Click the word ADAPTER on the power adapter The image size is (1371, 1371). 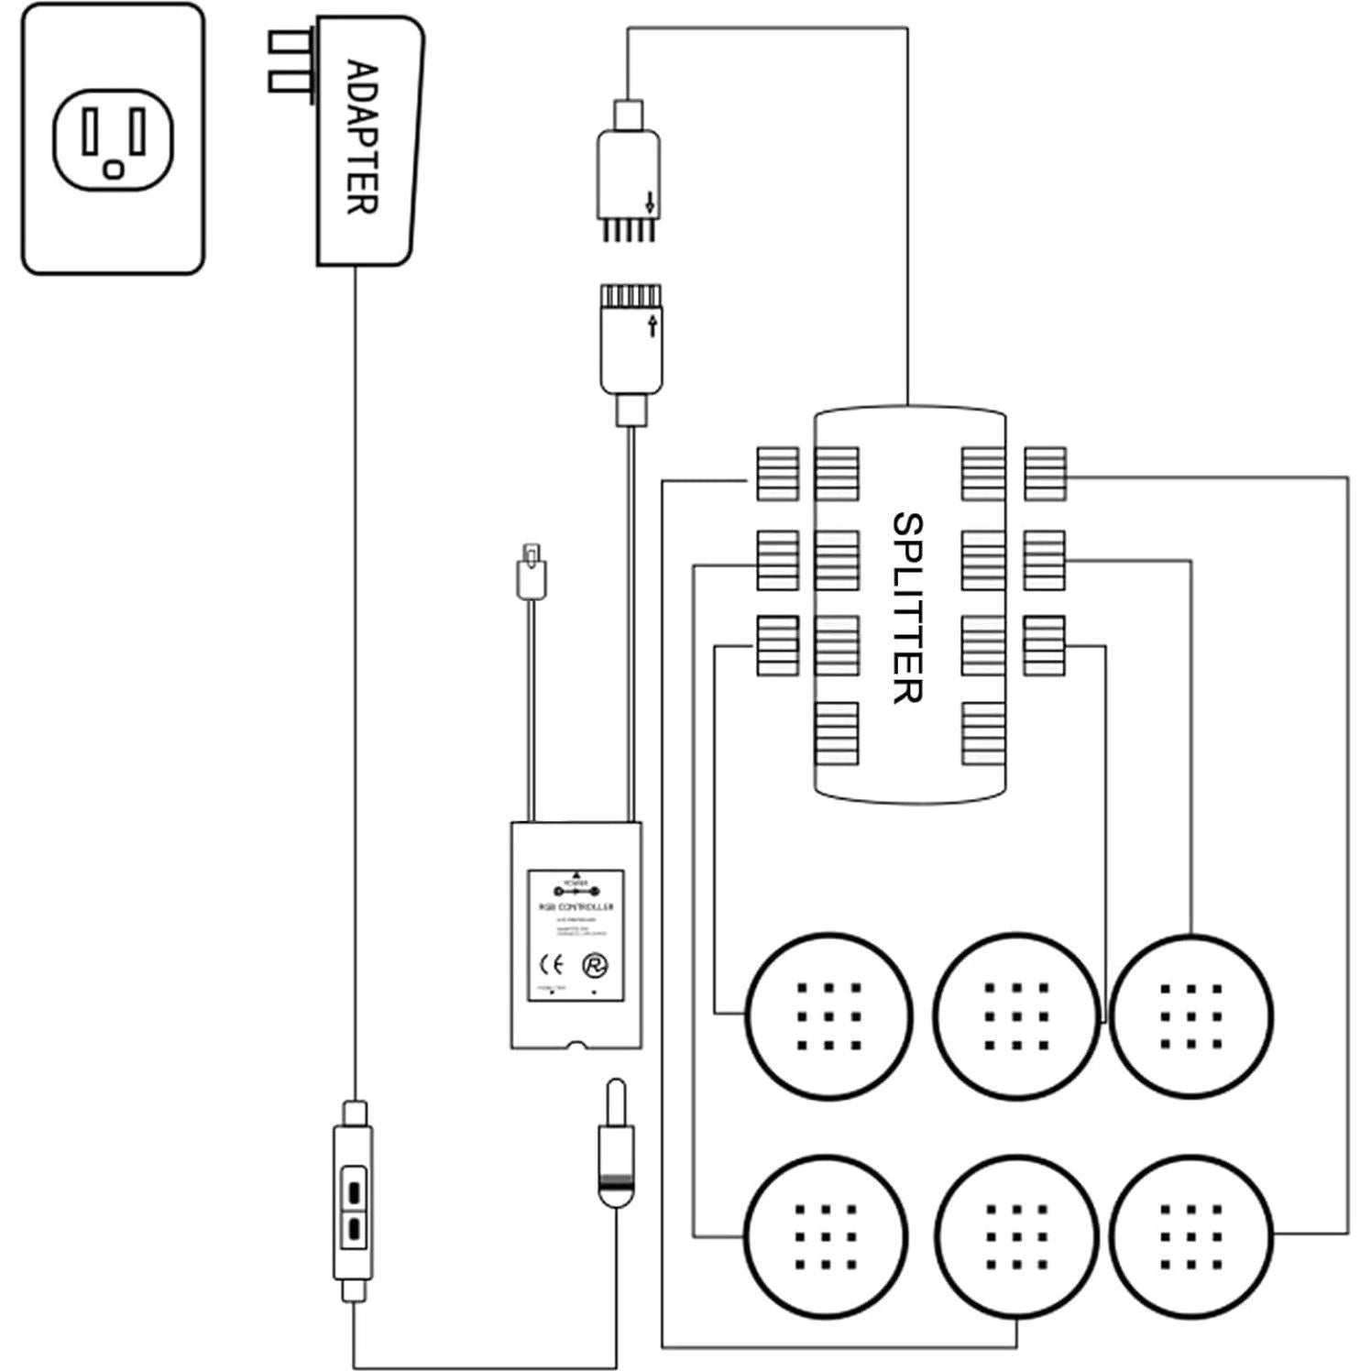(x=363, y=137)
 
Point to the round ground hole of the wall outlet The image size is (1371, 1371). (x=114, y=170)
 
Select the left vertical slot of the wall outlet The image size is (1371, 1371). (x=90, y=131)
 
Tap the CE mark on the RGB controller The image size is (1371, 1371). (x=550, y=963)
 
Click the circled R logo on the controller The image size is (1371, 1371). (x=597, y=965)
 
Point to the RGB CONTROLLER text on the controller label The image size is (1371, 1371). (x=576, y=907)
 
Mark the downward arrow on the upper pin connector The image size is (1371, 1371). (x=650, y=202)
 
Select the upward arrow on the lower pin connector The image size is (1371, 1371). (x=652, y=324)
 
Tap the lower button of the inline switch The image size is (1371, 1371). (x=354, y=1226)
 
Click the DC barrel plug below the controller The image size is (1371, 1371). (x=616, y=1146)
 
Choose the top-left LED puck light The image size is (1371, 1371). (x=828, y=1015)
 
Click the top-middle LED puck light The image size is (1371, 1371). (x=1016, y=1015)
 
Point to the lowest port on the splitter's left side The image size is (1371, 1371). (x=836, y=733)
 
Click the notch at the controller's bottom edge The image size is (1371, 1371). (x=576, y=1044)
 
